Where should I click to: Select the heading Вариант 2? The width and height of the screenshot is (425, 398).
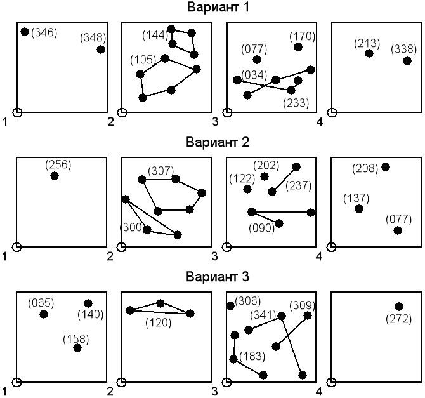(213, 142)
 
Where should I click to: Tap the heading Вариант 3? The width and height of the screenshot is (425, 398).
(213, 277)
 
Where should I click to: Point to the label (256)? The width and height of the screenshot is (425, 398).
(58, 164)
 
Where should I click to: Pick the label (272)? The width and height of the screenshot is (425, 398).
(398, 318)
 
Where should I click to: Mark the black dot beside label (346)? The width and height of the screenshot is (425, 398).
(25, 32)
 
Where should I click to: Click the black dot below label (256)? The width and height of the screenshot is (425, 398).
(55, 176)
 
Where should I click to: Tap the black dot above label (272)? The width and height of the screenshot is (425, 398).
(398, 307)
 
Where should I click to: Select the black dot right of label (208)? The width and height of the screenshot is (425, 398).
(385, 167)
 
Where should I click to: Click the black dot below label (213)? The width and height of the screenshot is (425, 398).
(369, 53)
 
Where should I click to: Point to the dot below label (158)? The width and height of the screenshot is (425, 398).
(77, 348)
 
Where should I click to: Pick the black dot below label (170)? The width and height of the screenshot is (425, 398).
(297, 48)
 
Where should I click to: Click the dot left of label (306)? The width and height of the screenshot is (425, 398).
(230, 306)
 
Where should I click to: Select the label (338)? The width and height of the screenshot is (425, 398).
(403, 49)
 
